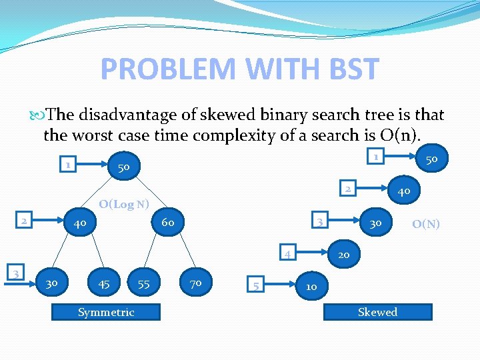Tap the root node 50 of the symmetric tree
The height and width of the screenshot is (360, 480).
pyautogui.click(x=123, y=167)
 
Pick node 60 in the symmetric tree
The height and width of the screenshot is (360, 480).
pyautogui.click(x=167, y=222)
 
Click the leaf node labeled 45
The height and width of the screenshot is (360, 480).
pyautogui.click(x=104, y=284)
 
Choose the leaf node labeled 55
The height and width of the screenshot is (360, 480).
pyautogui.click(x=143, y=284)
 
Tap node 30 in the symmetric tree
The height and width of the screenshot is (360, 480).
pyautogui.click(x=51, y=284)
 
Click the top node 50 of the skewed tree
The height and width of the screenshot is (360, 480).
pyautogui.click(x=431, y=159)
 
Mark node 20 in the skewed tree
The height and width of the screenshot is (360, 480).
pyautogui.click(x=343, y=254)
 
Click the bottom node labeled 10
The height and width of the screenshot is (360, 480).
pyautogui.click(x=311, y=287)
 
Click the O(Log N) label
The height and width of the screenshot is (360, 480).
pyautogui.click(x=123, y=204)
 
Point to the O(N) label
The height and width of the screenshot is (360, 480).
pyautogui.click(x=425, y=224)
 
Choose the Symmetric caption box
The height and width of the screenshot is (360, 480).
pyautogui.click(x=107, y=312)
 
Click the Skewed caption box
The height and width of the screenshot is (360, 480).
pyautogui.click(x=377, y=312)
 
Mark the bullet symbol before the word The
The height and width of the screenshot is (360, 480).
pyautogui.click(x=36, y=115)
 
